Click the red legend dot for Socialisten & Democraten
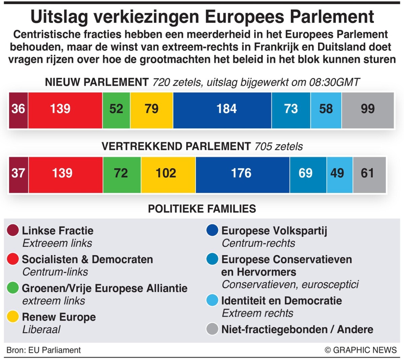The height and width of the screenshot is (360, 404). (x=13, y=259)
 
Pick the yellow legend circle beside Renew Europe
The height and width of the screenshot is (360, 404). (x=13, y=317)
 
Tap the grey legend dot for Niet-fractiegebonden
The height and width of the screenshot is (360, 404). (x=212, y=329)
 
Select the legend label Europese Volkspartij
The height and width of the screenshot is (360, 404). (x=274, y=231)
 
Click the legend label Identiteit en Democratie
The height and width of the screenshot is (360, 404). (x=281, y=301)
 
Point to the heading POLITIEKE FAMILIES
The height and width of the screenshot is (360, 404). (x=202, y=209)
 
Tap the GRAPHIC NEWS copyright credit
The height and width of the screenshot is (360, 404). (x=361, y=350)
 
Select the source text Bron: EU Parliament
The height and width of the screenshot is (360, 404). (x=44, y=350)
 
